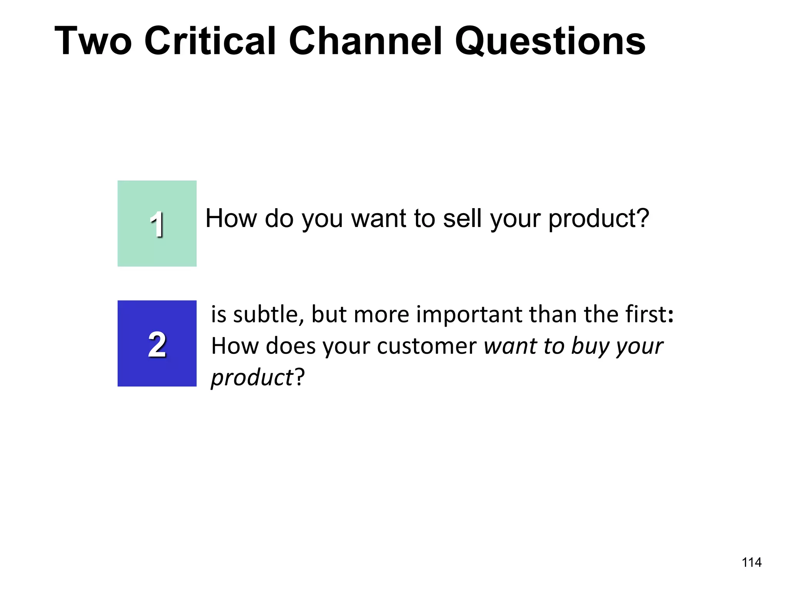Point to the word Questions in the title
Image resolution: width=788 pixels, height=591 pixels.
pyautogui.click(x=550, y=42)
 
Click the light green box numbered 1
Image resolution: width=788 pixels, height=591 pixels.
pyautogui.click(x=157, y=224)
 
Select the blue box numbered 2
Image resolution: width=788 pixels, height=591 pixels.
pyautogui.click(x=157, y=344)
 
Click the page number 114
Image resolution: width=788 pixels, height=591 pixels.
pyautogui.click(x=751, y=563)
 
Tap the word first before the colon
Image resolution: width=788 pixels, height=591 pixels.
pyautogui.click(x=646, y=314)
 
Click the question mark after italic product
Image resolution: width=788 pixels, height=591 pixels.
pyautogui.click(x=300, y=377)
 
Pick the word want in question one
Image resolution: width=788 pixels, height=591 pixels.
pyautogui.click(x=379, y=219)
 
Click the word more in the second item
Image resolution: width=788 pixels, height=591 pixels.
pyautogui.click(x=381, y=315)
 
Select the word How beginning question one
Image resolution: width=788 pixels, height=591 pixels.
pyautogui.click(x=231, y=218)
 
